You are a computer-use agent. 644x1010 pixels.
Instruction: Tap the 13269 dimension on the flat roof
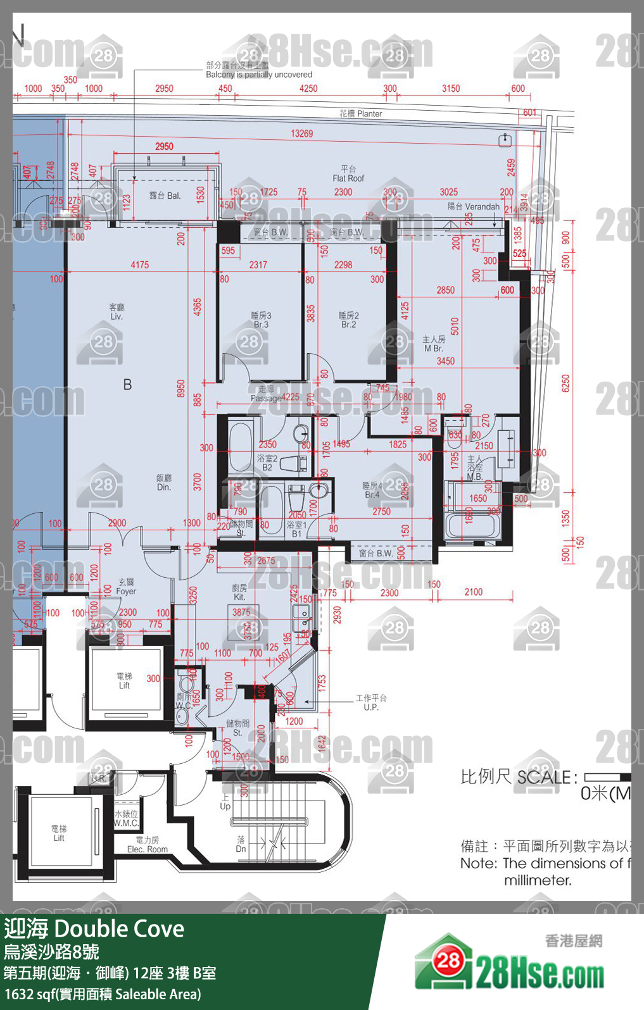click(302, 134)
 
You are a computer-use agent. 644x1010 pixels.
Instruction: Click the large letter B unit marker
click(127, 384)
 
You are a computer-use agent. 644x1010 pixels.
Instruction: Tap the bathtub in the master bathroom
click(474, 526)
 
